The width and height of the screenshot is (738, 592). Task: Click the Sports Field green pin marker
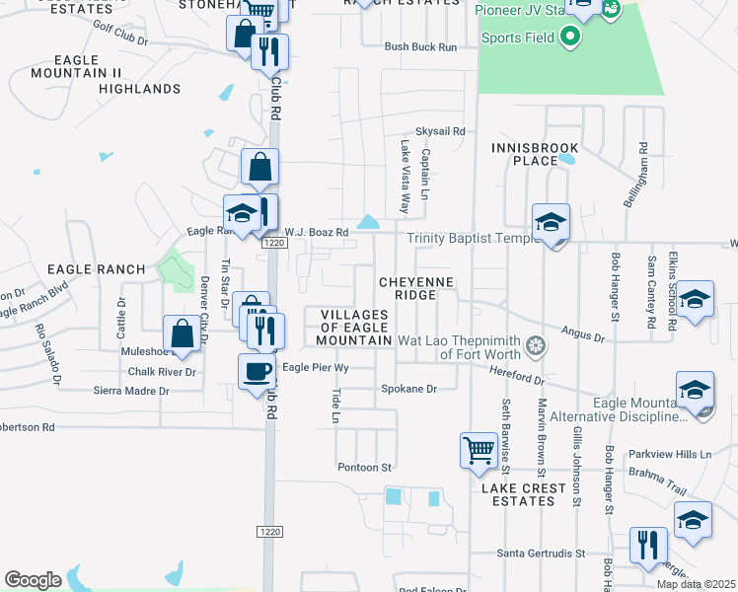[x=568, y=39]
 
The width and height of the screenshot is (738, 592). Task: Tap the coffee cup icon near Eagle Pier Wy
[x=258, y=371]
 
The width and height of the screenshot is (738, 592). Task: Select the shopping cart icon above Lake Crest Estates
[x=479, y=450]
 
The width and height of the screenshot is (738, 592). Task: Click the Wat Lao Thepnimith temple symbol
[x=536, y=346]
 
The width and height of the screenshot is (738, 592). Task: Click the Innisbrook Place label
[x=534, y=154]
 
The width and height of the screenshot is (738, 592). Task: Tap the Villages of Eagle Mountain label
[x=354, y=328]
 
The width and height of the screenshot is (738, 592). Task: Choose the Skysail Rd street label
[x=439, y=130]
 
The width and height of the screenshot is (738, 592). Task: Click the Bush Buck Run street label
[x=420, y=46]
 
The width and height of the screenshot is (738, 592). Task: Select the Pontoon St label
[x=365, y=467]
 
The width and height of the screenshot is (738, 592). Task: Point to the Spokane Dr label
[x=408, y=390]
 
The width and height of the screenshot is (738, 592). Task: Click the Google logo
[x=33, y=580]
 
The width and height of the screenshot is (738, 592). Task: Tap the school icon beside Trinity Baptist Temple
[x=552, y=222]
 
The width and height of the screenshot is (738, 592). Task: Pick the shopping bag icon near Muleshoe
[x=183, y=334]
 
